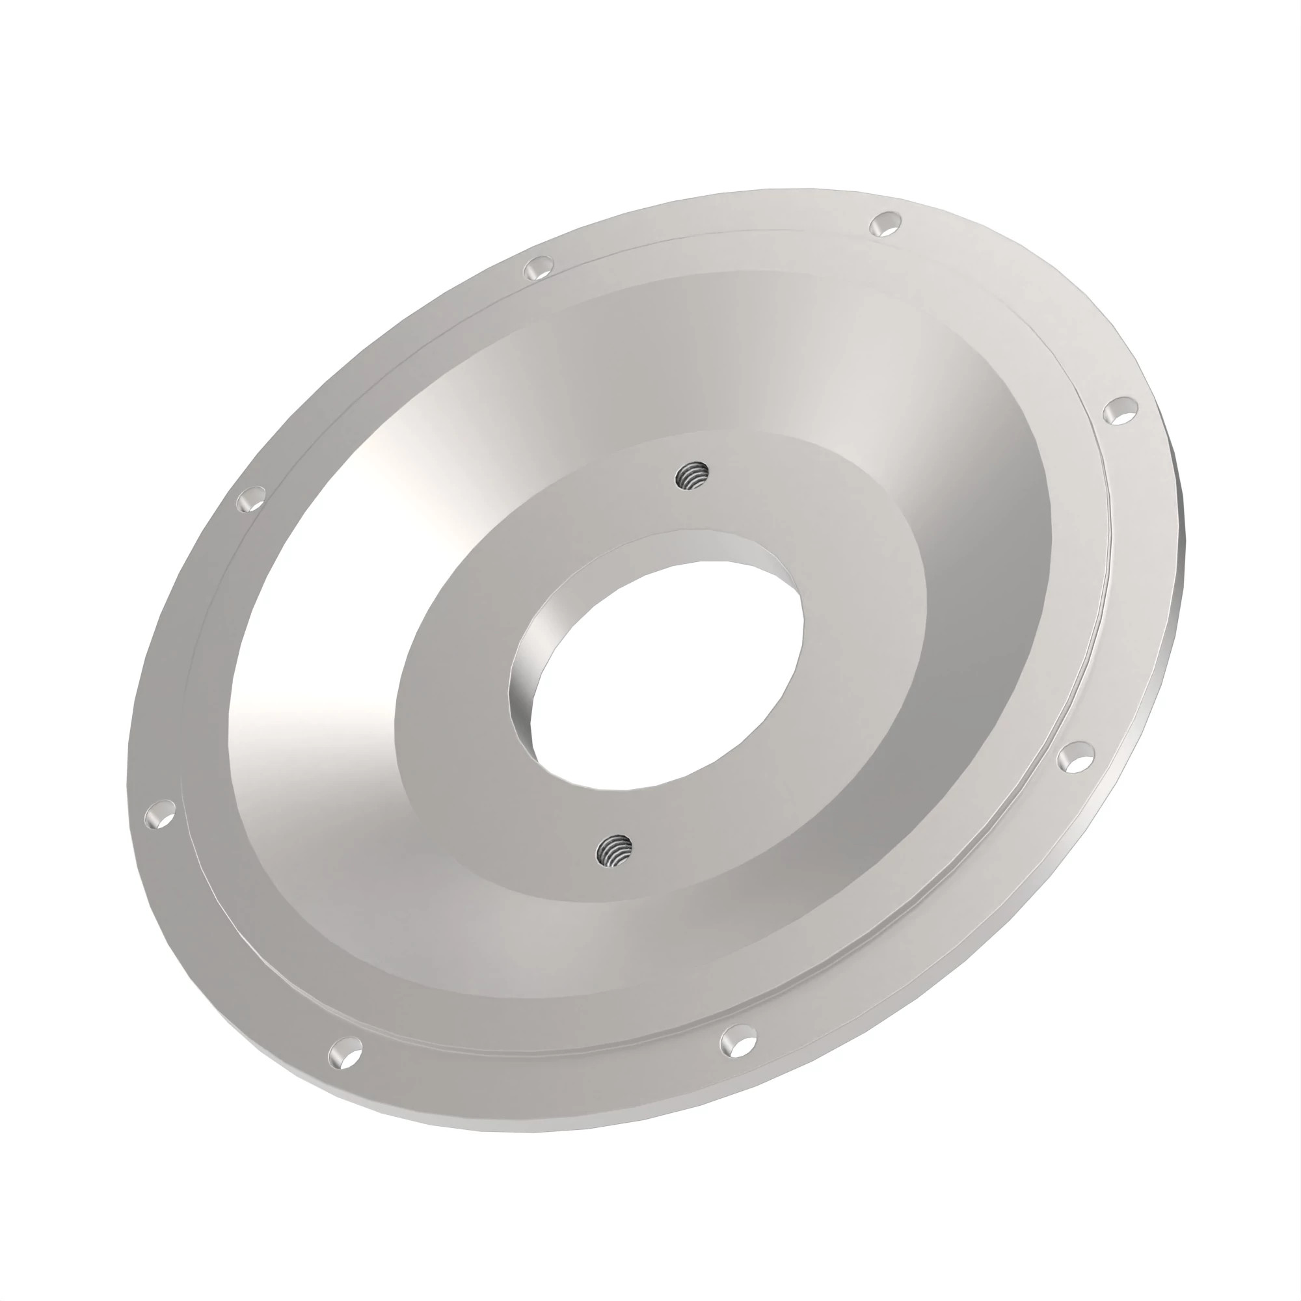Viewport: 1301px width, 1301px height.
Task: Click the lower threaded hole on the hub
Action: click(x=614, y=850)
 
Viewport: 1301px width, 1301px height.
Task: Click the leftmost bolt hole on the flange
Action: click(x=159, y=814)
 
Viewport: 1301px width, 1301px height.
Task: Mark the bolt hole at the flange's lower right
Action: click(x=1075, y=760)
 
